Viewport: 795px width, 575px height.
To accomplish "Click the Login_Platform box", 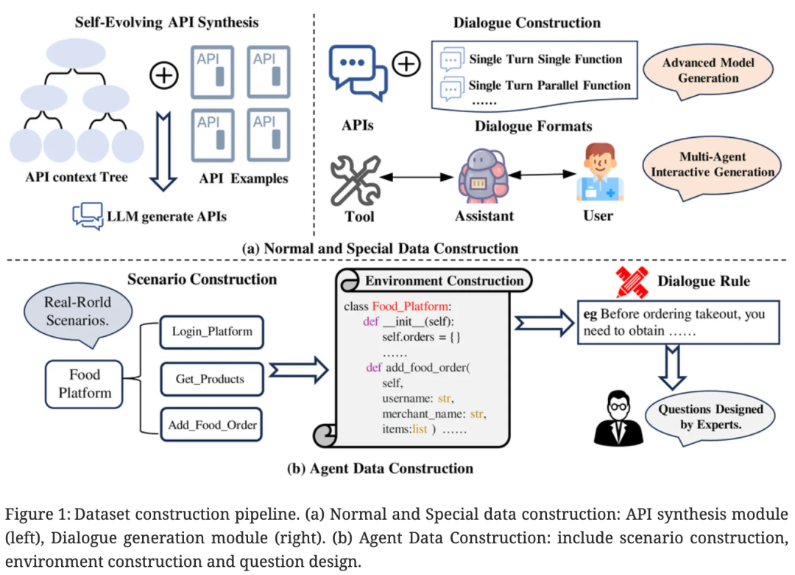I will (x=211, y=332).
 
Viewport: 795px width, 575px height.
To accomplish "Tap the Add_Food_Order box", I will (x=211, y=425).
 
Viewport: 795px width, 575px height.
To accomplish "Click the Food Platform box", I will (x=85, y=383).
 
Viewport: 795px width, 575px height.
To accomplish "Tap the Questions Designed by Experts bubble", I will (x=710, y=417).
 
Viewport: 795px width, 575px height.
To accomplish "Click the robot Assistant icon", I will (x=484, y=177).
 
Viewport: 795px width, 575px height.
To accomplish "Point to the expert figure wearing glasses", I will (x=615, y=419).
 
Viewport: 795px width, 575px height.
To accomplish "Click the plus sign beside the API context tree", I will (x=163, y=74).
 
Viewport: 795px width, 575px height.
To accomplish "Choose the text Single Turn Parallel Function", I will (x=549, y=86).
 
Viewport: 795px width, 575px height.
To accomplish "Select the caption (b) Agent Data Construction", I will (x=380, y=468).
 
